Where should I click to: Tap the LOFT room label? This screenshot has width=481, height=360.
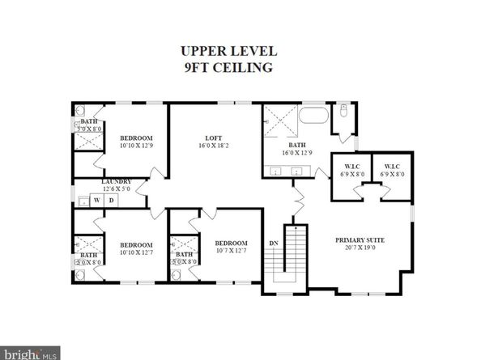coord(212,138)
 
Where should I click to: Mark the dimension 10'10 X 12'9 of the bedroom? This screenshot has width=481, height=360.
coord(136,146)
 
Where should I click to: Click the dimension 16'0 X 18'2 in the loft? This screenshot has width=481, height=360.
coord(212,146)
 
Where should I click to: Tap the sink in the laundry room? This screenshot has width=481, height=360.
coord(83,199)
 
